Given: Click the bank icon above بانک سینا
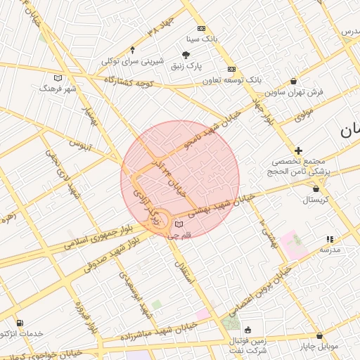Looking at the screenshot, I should [202, 29].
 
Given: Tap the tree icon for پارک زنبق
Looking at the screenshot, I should [186, 54].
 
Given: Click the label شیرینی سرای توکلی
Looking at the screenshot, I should [133, 60].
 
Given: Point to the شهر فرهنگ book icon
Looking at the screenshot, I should [58, 77].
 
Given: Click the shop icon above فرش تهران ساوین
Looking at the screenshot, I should [293, 81].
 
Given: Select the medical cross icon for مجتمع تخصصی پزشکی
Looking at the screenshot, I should [299, 150].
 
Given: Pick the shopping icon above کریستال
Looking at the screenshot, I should [315, 188].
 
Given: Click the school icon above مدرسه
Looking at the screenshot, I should [330, 239].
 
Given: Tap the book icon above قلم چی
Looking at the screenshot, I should [179, 224].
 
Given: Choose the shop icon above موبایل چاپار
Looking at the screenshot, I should [321, 335].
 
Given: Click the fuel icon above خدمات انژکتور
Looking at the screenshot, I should [19, 322].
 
